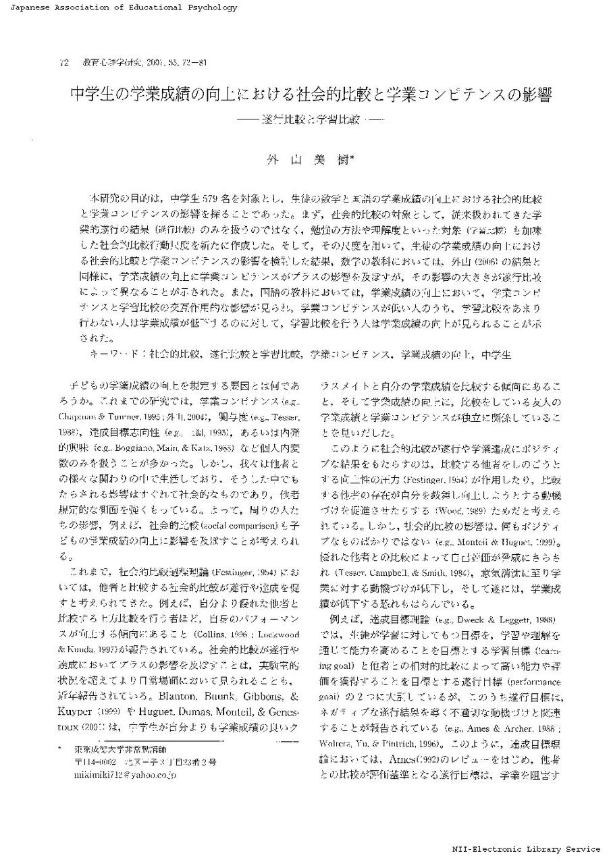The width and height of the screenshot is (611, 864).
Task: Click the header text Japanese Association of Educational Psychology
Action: [119, 8]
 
